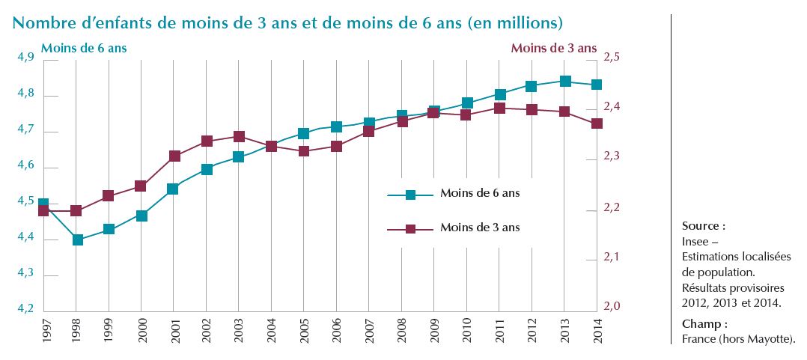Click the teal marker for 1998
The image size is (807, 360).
coord(76,240)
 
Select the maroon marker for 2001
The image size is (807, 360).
coord(174,156)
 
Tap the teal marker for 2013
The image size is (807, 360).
coord(565,81)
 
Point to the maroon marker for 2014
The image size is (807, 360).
coord(597,123)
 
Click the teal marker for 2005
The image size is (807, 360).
coord(304,134)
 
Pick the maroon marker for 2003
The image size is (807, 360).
coord(239,137)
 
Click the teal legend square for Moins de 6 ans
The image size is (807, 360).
coord(410,195)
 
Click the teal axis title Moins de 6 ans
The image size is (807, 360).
coord(84,48)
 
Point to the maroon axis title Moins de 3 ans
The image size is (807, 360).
coord(553,48)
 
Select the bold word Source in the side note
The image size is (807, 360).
coord(701,225)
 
